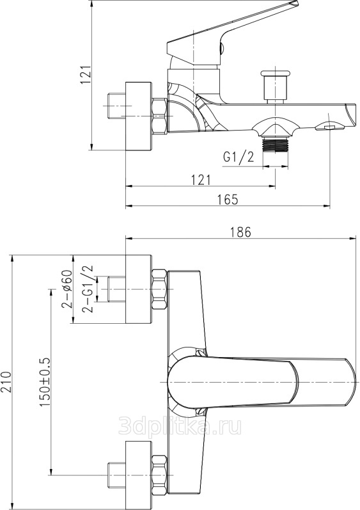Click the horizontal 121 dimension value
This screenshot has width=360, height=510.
pos(201,180)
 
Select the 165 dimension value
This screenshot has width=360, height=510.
pos(228,199)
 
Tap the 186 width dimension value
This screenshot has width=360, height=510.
pos(240,232)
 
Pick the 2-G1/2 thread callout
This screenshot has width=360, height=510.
pos(88,289)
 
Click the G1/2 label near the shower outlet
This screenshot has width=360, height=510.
pos(239,157)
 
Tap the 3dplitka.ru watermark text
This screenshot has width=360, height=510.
pos(180,426)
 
